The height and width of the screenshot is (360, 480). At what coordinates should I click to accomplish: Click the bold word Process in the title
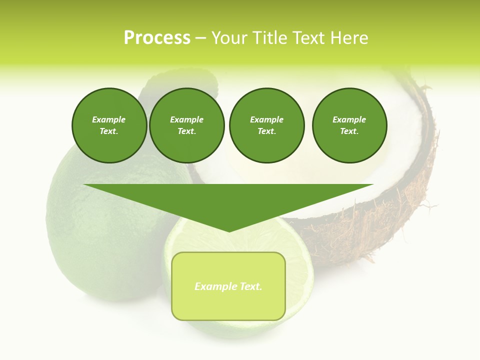157,38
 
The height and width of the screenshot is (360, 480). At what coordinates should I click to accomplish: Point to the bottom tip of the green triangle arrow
228,231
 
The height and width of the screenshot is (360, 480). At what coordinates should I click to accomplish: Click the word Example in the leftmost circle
109,119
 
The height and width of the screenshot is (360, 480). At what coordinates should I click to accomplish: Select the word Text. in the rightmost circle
349,131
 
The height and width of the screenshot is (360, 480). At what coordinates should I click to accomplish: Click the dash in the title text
200,38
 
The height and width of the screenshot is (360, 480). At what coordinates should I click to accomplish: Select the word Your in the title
229,38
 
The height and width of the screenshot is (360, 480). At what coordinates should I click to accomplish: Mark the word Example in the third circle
266,119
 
